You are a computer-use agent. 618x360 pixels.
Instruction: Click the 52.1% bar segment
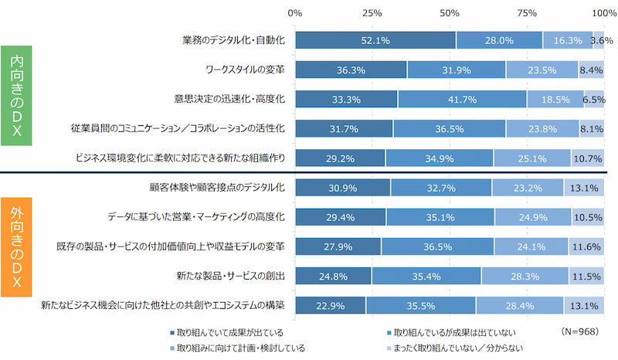tap(375, 40)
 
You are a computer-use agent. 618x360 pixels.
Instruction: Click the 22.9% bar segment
tap(331, 305)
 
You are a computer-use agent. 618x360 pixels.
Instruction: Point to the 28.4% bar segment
tap(519, 305)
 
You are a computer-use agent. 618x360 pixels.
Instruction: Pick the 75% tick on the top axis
tap(527, 13)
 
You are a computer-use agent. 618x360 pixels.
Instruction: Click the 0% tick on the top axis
tap(295, 13)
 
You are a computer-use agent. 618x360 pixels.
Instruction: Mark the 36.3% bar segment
tap(351, 70)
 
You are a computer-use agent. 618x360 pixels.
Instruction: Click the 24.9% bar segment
tap(532, 217)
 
